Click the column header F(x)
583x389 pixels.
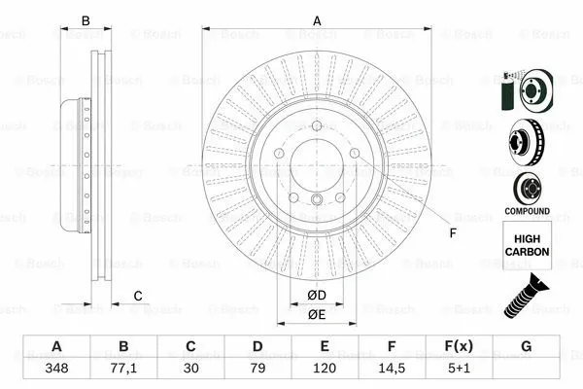click(x=459, y=347)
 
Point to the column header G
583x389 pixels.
click(x=526, y=347)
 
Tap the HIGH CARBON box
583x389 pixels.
click(x=526, y=243)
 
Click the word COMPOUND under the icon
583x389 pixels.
click(x=526, y=211)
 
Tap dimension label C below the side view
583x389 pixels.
click(x=138, y=296)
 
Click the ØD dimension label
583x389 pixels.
click(x=316, y=296)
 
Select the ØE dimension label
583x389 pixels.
click(x=316, y=313)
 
